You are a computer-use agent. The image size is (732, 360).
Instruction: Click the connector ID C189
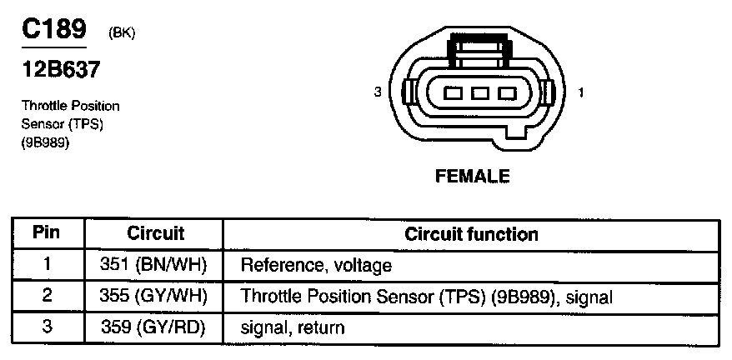53,30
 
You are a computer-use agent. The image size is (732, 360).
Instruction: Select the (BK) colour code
122,33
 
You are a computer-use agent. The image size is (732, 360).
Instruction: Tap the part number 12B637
60,70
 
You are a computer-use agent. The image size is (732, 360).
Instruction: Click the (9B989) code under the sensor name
45,142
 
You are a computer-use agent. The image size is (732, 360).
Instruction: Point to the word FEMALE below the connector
472,176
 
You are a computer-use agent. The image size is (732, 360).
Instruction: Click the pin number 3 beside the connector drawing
378,92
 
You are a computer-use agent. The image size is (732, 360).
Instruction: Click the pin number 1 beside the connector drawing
580,92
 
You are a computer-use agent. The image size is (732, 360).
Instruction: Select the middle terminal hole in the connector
479,93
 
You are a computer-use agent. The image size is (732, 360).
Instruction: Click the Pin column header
48,233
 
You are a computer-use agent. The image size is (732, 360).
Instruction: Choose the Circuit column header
156,233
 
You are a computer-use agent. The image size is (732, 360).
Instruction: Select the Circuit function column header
471,233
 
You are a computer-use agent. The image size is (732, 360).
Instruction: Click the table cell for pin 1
48,265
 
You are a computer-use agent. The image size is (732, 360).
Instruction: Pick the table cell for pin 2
48,296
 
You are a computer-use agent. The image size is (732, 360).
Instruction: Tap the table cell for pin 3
48,327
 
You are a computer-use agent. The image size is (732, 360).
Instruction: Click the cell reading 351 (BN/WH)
156,265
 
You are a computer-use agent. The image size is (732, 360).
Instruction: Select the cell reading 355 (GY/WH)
156,296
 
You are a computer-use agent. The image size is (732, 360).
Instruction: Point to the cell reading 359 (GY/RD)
156,327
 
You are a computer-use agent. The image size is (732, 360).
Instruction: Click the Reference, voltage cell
316,266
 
